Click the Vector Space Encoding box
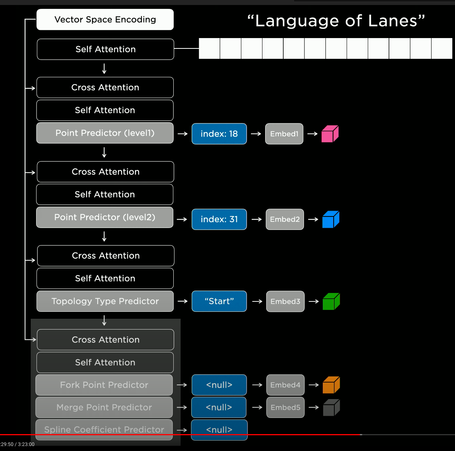(x=105, y=20)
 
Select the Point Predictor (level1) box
(x=105, y=133)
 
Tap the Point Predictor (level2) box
(x=105, y=217)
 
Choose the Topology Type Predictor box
(x=105, y=301)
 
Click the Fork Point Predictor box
(x=104, y=385)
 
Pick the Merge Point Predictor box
(x=104, y=407)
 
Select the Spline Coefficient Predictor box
(x=104, y=429)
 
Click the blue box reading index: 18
(x=219, y=134)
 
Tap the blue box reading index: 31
(x=219, y=219)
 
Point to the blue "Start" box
(x=219, y=301)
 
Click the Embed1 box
(x=284, y=134)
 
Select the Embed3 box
(x=285, y=301)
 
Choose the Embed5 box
(x=285, y=407)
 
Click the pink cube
(x=330, y=134)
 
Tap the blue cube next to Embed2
(x=330, y=220)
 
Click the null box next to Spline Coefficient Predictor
(x=219, y=429)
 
